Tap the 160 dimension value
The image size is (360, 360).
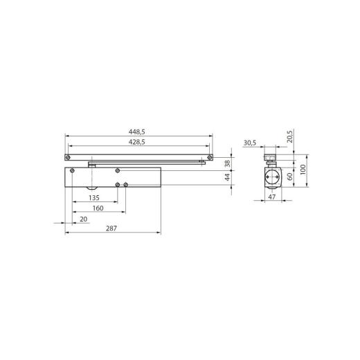97,208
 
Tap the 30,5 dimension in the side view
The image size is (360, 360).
251,143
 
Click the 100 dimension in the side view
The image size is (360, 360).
303,170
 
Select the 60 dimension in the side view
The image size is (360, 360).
291,176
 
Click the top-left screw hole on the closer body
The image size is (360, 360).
70,171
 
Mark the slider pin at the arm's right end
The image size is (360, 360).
201,163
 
